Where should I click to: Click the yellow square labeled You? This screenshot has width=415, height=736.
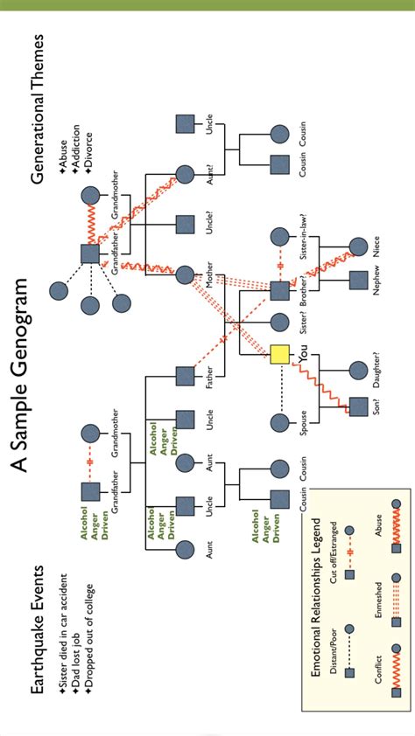(279, 354)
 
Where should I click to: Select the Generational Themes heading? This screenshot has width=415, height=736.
(38, 109)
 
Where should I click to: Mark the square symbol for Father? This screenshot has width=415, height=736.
(185, 376)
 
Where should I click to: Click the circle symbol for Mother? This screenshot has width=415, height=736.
(185, 275)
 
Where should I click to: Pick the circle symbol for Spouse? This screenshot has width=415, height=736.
(279, 423)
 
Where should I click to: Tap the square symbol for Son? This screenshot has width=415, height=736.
(358, 405)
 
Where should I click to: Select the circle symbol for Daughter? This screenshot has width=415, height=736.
(358, 370)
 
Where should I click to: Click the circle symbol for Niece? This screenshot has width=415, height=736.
(358, 246)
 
